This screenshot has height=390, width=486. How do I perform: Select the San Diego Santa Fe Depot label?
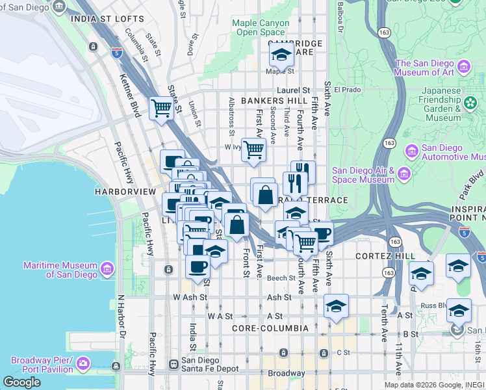[x=205, y=364]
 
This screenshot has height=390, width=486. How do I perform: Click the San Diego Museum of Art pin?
[x=464, y=67]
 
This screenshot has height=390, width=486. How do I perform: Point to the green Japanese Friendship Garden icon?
[x=470, y=103]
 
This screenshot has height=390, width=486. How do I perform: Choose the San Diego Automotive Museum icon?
[x=411, y=152]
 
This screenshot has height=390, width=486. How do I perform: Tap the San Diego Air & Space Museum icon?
[x=403, y=174]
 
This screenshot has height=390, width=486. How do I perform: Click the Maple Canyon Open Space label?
[x=261, y=27]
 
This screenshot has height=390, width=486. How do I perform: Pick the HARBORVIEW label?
[x=125, y=192]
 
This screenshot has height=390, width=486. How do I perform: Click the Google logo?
[x=21, y=382]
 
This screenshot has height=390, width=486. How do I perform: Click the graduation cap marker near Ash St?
[x=336, y=305]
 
